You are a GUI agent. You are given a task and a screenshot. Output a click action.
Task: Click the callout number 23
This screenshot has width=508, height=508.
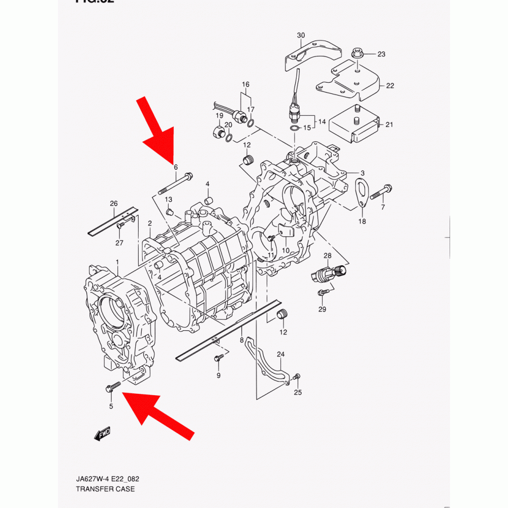381,54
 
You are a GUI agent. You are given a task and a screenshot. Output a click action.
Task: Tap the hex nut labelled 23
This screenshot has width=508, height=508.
357,52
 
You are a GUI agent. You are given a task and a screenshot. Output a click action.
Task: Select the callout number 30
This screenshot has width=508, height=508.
301,35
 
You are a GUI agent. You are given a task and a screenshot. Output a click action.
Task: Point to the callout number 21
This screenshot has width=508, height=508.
389,124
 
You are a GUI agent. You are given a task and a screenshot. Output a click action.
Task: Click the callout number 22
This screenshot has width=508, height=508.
390,86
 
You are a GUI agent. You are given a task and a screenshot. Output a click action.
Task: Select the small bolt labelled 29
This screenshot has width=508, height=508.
322,293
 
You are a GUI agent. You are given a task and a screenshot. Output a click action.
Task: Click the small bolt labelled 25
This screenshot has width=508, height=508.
297,376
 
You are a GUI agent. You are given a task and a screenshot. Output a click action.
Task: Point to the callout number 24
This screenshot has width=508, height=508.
280,354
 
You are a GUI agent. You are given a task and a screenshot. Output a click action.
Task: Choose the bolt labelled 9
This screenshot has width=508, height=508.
218,358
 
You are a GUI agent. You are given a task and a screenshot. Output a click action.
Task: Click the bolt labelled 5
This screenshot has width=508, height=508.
112,387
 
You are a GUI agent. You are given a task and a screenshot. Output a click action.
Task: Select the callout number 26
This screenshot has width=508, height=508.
114,204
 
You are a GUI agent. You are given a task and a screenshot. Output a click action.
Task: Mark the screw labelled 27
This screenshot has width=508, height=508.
121,226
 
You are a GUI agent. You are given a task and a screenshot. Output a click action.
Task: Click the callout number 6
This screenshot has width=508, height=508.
176,167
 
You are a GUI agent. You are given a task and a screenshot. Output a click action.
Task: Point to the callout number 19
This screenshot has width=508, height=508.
219,116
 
